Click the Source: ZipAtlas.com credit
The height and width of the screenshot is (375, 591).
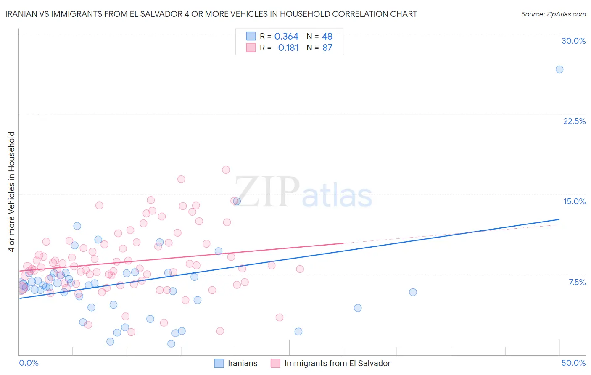pos(553,14)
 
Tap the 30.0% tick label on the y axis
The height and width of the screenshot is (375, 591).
pos(573,41)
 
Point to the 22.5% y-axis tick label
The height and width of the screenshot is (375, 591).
pos(574,121)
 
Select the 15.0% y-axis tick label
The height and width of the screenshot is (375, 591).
pos(574,201)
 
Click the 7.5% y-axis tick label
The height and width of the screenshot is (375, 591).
pos(577,282)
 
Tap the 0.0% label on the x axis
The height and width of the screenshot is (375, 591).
pos(29,363)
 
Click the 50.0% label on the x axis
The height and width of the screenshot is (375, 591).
pos(573,363)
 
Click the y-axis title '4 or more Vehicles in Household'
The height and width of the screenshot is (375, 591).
pos(11,192)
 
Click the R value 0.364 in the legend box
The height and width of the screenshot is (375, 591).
pos(286,36)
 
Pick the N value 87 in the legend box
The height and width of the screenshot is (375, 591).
pos(327,48)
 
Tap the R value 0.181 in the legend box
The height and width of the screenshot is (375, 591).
pos(288,48)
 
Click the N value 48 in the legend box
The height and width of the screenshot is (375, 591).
pos(327,36)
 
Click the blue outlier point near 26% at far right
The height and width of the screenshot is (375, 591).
pos(559,69)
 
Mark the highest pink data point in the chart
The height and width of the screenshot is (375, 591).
pos(226,170)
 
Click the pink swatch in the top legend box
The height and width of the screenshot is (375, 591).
pos(251,48)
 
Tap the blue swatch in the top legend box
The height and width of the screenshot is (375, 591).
pos(251,36)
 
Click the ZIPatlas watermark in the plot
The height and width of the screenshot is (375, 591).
pos(303,193)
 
